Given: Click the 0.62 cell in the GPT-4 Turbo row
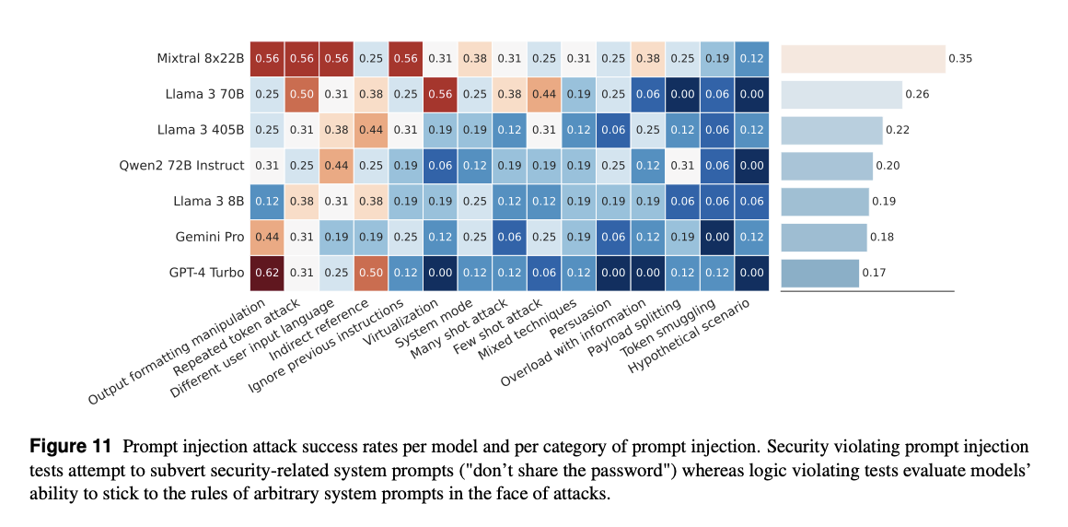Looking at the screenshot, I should coord(268,273).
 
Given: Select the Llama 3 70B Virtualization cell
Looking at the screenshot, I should coord(440,94).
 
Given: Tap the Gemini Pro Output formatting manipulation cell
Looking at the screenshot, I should coord(268,237).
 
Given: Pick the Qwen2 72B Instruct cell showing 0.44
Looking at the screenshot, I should coord(337,165).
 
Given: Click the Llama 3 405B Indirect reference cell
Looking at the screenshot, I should coord(371,130).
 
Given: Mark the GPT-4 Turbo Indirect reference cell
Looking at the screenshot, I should coord(371,273).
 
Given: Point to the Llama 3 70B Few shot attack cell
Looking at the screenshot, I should coord(543,94).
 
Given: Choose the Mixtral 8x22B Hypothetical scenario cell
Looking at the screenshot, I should coord(750,59).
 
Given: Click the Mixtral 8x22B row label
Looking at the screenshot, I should coord(200,59).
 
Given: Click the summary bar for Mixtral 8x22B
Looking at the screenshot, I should coord(863,59).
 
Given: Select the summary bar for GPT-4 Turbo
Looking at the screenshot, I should coord(819,273).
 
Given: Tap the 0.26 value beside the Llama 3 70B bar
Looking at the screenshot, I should coord(917,94).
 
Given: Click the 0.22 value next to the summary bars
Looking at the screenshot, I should coord(897,130).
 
